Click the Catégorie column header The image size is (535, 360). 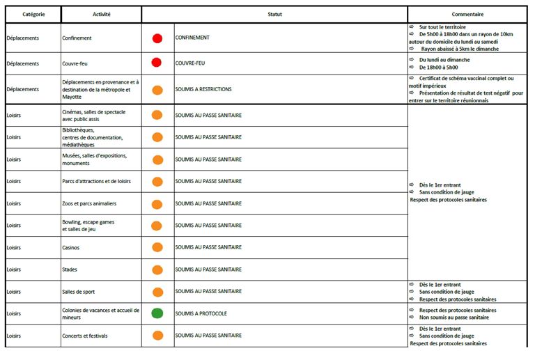point(32,14)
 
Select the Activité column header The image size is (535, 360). point(101,14)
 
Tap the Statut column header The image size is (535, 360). point(274,14)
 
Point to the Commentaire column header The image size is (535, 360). point(467,14)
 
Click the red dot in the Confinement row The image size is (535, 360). point(157,38)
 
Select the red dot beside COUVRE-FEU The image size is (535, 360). point(157,63)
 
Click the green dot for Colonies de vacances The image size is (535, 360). point(157,313)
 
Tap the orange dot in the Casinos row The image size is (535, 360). point(157,247)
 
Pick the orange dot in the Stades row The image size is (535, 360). point(157,269)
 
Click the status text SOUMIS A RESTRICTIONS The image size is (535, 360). point(203,90)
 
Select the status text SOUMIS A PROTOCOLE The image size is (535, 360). point(201,313)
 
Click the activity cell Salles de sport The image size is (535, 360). point(78,292)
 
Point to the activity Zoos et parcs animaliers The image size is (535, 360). point(89,204)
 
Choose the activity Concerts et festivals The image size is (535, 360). point(85,336)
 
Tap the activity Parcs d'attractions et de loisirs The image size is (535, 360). point(96,182)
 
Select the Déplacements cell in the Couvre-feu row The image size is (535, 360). point(23,63)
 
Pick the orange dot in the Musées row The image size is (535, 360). point(157,159)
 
